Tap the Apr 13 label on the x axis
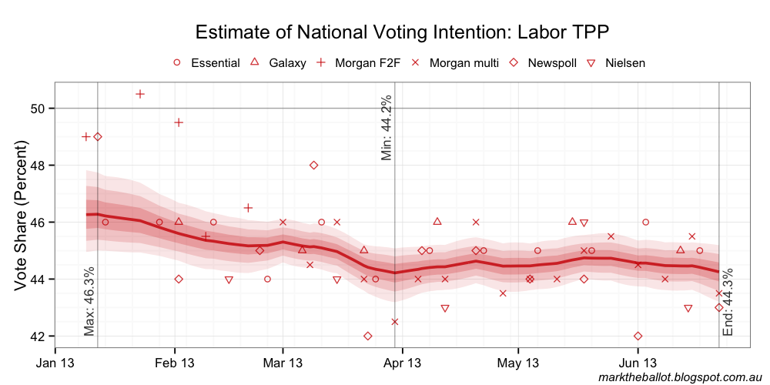pyautogui.click(x=403, y=362)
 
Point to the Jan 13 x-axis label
pyautogui.click(x=55, y=362)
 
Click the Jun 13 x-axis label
pyautogui.click(x=638, y=362)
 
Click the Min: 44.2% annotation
pyautogui.click(x=387, y=128)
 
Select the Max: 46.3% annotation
pyautogui.click(x=89, y=301)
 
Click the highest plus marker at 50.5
pyautogui.click(x=140, y=94)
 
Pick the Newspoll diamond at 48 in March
pyautogui.click(x=313, y=165)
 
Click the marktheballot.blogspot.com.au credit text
pyautogui.click(x=679, y=377)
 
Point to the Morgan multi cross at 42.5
pyautogui.click(x=395, y=322)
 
